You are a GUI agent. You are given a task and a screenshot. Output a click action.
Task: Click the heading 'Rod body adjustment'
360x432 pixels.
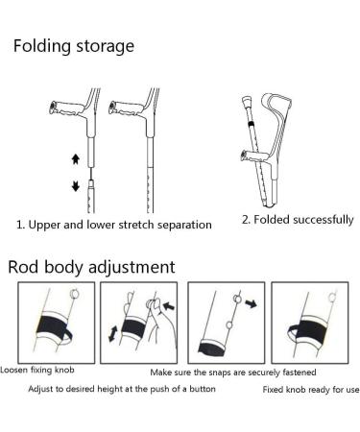(x=91, y=266)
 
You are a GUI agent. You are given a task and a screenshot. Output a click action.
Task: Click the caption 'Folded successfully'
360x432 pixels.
(x=297, y=220)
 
